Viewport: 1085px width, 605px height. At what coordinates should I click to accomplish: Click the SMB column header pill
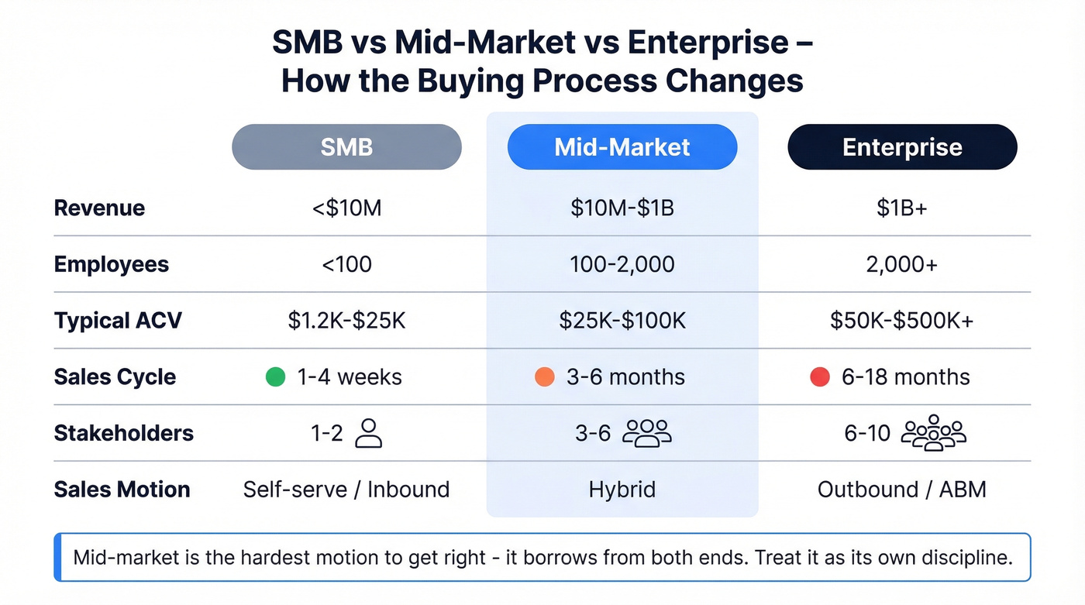click(x=346, y=147)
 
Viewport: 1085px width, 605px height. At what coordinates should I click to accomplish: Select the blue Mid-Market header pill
click(x=622, y=147)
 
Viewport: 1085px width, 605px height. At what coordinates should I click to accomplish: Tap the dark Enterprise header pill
click(x=902, y=147)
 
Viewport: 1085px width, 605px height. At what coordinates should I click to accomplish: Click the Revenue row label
click(x=99, y=208)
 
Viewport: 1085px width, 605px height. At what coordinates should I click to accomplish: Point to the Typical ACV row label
click(x=118, y=321)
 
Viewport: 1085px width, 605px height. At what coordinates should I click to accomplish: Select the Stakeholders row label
click(x=123, y=433)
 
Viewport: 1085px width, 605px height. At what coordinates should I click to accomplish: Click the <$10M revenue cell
click(x=346, y=208)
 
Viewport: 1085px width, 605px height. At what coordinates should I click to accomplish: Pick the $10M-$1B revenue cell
click(x=622, y=208)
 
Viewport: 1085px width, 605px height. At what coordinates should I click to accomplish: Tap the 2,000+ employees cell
click(x=902, y=265)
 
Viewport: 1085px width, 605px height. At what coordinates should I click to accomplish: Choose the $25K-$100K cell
click(x=622, y=321)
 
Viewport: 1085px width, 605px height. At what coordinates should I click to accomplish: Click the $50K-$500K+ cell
click(x=902, y=321)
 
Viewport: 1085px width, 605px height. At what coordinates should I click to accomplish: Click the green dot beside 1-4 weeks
click(x=275, y=377)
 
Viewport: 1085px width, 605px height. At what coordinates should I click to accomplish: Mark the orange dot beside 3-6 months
click(x=545, y=377)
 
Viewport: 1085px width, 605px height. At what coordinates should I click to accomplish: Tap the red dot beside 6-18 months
click(x=820, y=377)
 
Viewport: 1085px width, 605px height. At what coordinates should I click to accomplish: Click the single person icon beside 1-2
click(x=368, y=434)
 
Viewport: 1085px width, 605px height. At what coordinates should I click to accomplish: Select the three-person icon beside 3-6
click(x=647, y=434)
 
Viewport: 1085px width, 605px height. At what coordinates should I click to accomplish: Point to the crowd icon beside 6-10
click(x=933, y=433)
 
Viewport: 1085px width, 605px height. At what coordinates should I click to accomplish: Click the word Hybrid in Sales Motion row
click(x=622, y=490)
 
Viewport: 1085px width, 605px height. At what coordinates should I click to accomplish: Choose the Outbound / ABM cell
click(x=902, y=490)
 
